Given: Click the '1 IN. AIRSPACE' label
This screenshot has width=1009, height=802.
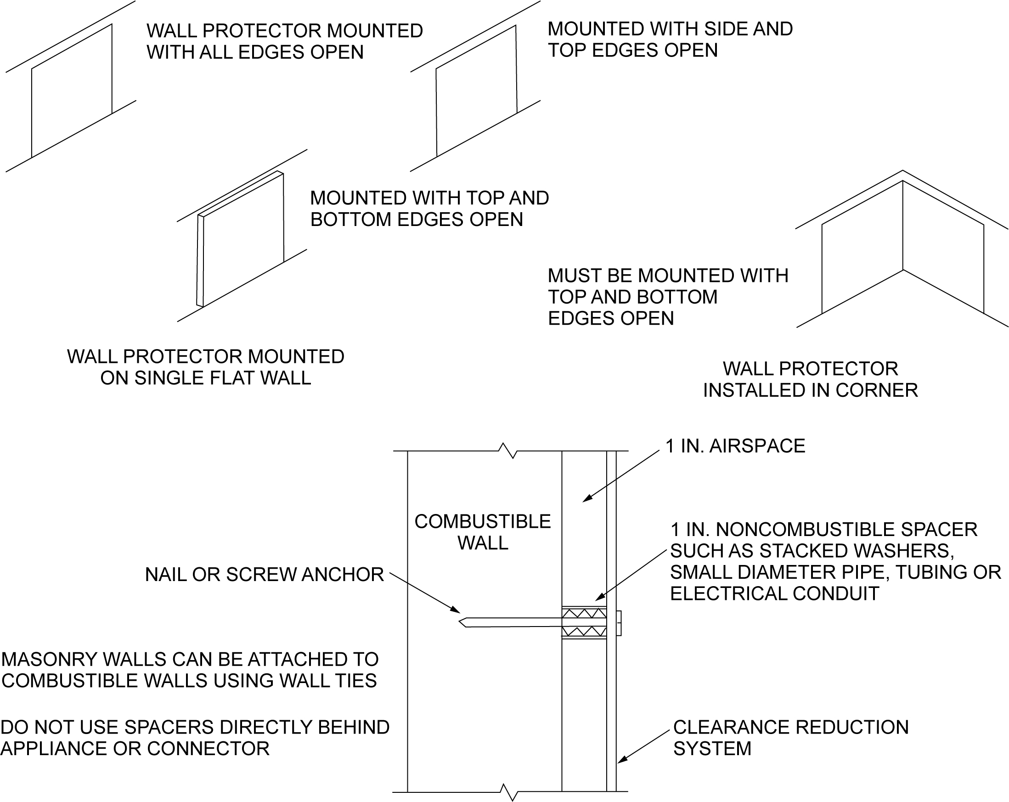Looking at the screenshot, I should tap(735, 446).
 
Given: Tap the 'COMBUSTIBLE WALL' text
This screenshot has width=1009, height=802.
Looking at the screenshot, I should tap(483, 532).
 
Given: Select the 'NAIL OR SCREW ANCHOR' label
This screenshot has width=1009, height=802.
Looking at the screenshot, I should tap(265, 575).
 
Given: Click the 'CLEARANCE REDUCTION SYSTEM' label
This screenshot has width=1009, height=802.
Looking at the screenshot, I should tap(790, 737).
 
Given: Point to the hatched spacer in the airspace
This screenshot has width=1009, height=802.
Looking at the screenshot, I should tap(584, 623).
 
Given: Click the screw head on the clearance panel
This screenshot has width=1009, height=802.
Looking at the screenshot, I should tap(619, 623).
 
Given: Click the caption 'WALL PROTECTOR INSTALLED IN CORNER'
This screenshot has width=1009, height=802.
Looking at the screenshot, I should tap(810, 380).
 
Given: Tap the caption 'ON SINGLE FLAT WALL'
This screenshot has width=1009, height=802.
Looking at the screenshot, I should tap(205, 378).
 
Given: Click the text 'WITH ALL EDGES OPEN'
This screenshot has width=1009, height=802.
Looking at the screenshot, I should tap(255, 52).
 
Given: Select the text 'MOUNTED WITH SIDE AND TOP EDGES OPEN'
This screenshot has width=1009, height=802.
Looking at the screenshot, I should tap(670, 40).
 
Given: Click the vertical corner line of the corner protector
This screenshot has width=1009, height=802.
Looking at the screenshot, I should tap(903, 225).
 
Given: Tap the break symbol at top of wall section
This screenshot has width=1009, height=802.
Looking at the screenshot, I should tap(508, 451).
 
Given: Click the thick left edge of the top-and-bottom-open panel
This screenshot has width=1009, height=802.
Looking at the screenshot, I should tap(200, 261).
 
